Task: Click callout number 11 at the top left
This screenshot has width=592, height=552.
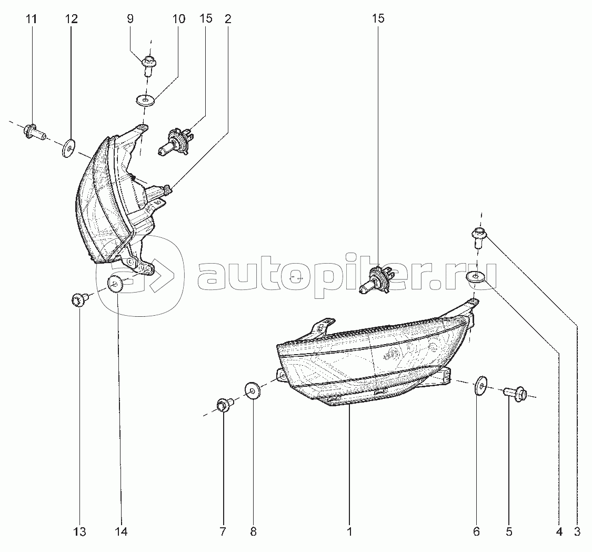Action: tap(32, 18)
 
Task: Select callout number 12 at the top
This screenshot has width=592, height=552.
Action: tap(71, 18)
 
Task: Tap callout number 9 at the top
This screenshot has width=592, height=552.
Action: tap(131, 18)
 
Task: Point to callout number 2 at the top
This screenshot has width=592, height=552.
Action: tap(228, 18)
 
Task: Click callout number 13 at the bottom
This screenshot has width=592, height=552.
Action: tap(80, 531)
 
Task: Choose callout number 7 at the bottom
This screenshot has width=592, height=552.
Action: tap(223, 531)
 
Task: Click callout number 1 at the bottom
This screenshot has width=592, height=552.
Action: tap(349, 531)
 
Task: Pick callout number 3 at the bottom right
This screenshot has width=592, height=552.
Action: tap(577, 531)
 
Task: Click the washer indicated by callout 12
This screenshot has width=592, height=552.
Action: tap(68, 148)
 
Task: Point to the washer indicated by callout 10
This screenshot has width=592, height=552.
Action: tap(145, 101)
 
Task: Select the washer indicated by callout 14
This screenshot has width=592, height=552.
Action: tap(115, 284)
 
